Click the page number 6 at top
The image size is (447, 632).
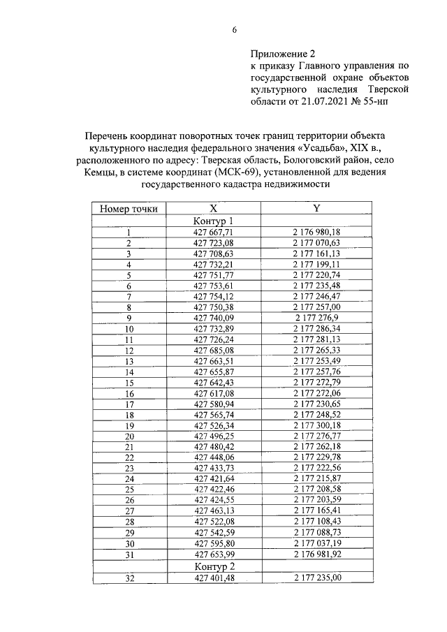tap(235, 30)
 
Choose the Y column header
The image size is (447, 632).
tap(316, 208)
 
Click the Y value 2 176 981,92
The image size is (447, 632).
tap(316, 554)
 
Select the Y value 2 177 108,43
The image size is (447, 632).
tap(316, 522)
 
